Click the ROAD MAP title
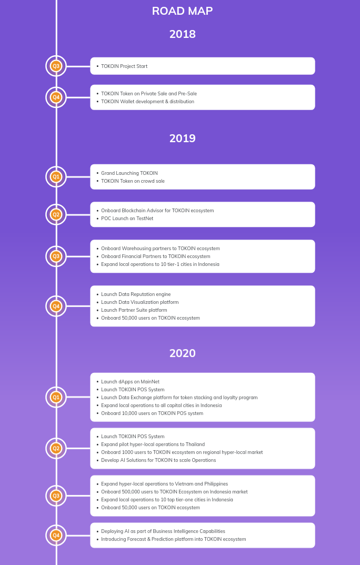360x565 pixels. point(182,11)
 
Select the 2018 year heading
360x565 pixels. point(183,34)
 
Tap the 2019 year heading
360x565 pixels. point(183,138)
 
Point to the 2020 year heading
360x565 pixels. point(183,353)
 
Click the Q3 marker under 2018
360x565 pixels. point(56,66)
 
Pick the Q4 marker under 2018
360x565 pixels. point(56,97)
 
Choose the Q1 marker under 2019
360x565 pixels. point(56,176)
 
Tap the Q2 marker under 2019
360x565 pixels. point(56,214)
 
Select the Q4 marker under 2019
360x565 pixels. point(56,306)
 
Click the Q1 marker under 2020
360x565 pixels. point(56,397)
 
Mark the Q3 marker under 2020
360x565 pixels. point(56,496)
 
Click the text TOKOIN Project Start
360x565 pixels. point(124,66)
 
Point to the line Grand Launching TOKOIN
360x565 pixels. point(129,173)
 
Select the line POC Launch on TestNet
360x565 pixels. point(127,219)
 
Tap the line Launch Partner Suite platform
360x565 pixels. point(134,310)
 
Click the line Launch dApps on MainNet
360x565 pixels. point(131,382)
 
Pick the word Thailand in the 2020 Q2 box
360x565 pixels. point(195,444)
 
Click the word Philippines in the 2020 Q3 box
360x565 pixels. point(216,484)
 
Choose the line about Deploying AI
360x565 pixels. point(163,531)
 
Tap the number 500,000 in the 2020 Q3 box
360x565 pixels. point(131,492)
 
